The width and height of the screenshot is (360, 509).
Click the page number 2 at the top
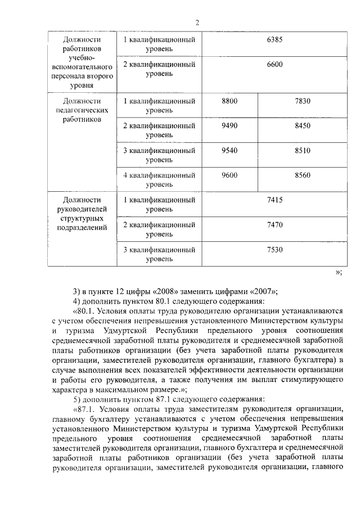tap(197, 22)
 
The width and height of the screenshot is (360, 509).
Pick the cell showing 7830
tap(302, 101)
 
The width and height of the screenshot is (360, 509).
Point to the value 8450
tap(302, 125)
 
